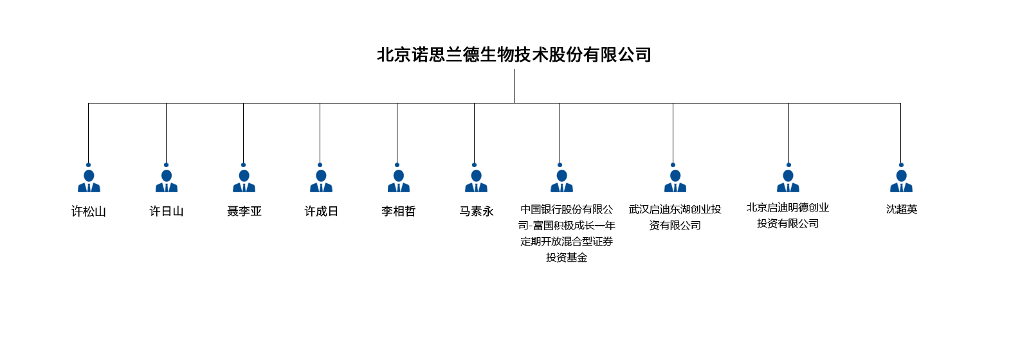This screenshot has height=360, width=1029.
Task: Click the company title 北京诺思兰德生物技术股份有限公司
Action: (514, 55)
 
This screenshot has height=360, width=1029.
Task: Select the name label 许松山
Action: (89, 212)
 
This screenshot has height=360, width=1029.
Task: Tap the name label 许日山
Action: (167, 212)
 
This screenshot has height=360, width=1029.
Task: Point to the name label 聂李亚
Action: (244, 212)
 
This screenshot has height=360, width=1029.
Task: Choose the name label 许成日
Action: (321, 212)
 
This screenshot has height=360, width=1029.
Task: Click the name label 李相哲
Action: (399, 212)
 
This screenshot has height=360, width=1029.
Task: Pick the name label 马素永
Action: (477, 212)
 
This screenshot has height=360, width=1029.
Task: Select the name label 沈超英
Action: (902, 210)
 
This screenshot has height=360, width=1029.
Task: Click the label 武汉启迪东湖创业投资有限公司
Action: (675, 217)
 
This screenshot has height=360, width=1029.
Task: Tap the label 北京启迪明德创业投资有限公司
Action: (788, 215)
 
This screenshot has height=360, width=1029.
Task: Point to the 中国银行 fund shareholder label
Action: (567, 233)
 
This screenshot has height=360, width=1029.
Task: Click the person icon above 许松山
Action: (89, 181)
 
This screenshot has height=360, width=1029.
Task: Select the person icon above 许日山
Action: (167, 181)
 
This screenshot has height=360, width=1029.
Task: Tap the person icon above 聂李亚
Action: (244, 181)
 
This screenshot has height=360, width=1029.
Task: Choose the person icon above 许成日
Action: (321, 181)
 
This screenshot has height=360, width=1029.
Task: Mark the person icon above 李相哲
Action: (399, 181)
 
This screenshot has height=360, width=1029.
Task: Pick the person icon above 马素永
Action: (476, 181)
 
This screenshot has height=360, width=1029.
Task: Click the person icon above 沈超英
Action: (901, 181)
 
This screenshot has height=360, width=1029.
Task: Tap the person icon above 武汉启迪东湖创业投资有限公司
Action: (675, 181)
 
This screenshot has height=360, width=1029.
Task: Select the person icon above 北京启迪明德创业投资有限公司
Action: (788, 181)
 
